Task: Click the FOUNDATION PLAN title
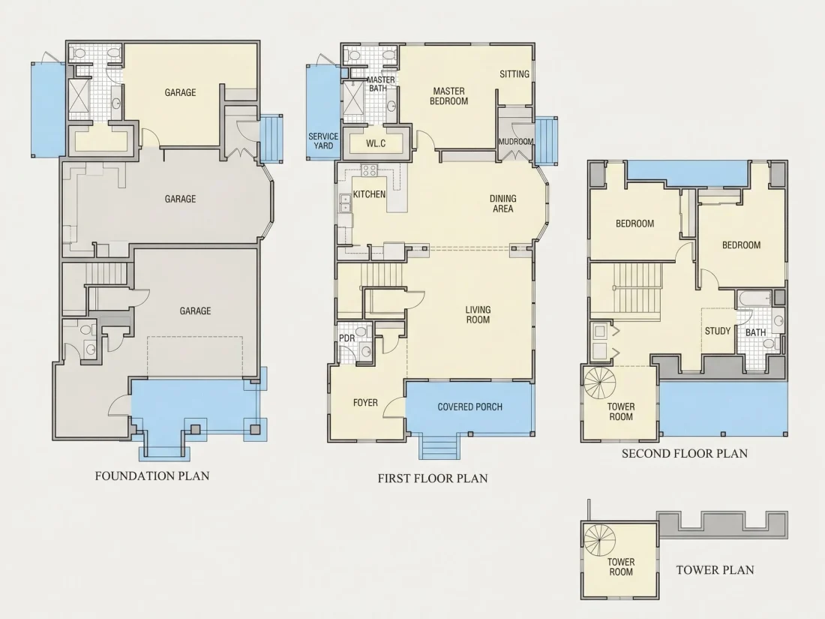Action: click(x=152, y=476)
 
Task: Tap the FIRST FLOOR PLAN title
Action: click(x=433, y=479)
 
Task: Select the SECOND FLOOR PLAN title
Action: click(x=685, y=454)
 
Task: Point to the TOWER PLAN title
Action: click(x=715, y=569)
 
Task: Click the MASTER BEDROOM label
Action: click(x=448, y=96)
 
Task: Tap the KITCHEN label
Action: click(x=369, y=194)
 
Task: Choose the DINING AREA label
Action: click(x=503, y=203)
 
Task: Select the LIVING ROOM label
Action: click(x=478, y=315)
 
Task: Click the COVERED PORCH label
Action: click(x=469, y=407)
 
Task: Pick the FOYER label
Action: click(x=365, y=403)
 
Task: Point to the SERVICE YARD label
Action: click(x=323, y=141)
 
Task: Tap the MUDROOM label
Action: click(x=516, y=142)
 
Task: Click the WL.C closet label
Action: click(x=376, y=143)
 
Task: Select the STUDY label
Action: click(x=718, y=331)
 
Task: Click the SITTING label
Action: click(x=514, y=74)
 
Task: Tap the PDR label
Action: click(x=346, y=338)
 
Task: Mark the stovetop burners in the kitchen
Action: click(x=369, y=170)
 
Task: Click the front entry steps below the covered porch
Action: click(x=439, y=446)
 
